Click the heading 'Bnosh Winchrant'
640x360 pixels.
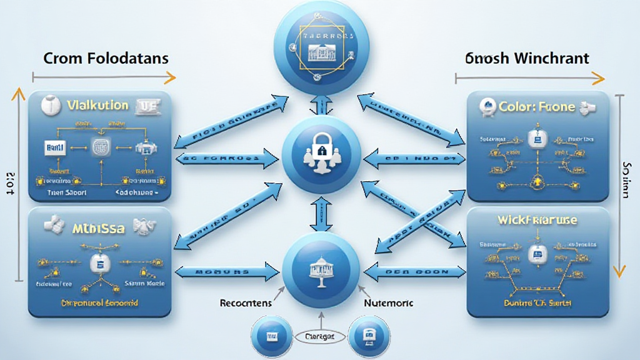[x=527, y=59]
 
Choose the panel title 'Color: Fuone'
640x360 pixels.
[x=536, y=107]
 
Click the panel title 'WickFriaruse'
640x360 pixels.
[x=537, y=221]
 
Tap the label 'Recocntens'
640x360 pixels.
[x=245, y=302]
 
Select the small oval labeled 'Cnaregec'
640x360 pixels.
[x=319, y=337]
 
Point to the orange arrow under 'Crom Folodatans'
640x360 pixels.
[x=103, y=78]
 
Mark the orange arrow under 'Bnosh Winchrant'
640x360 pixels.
[x=529, y=79]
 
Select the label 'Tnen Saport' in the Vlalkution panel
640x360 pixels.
[x=67, y=194]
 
